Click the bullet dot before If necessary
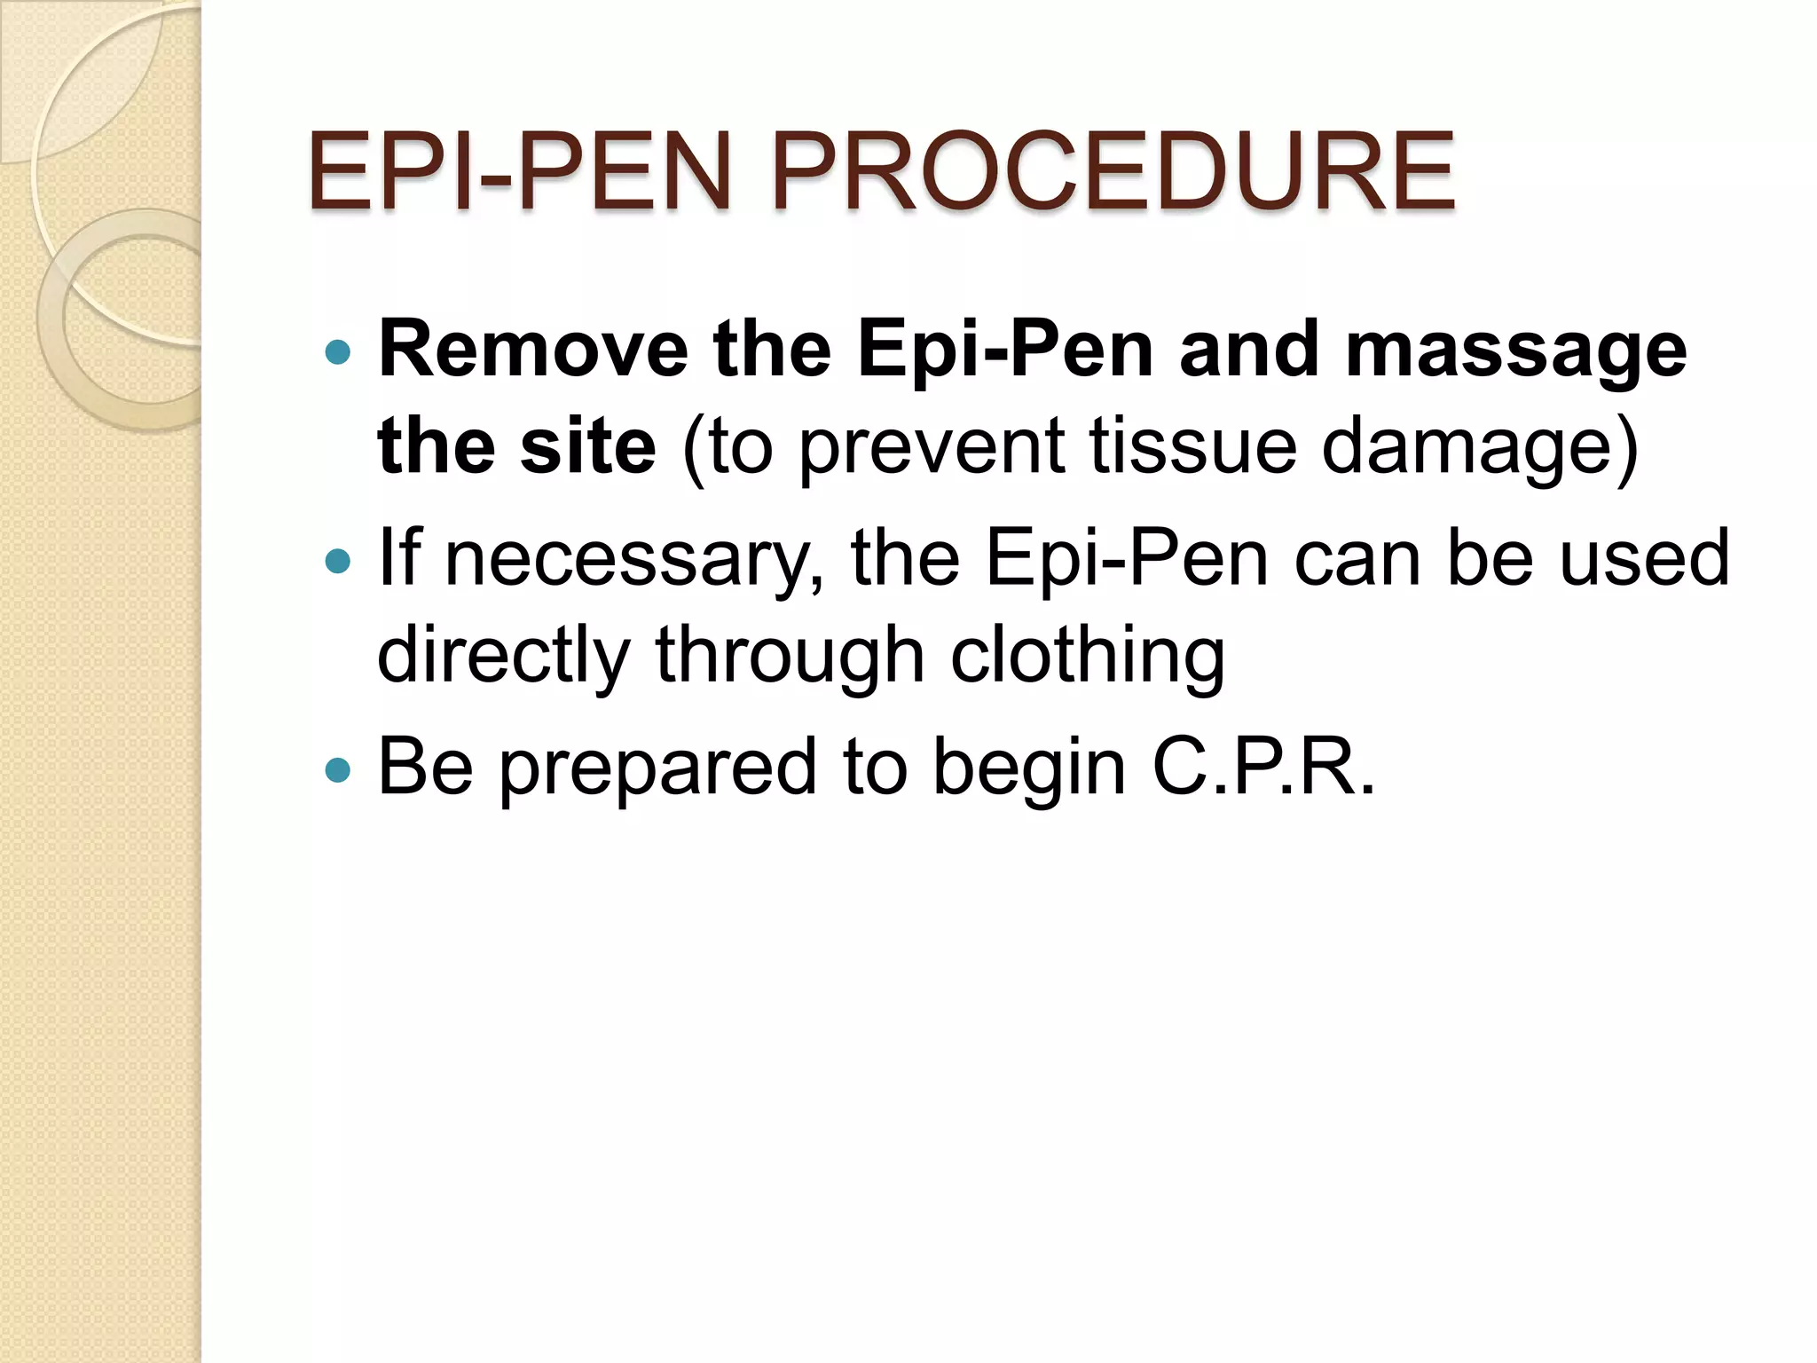pos(338,561)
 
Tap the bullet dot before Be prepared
pos(338,768)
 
